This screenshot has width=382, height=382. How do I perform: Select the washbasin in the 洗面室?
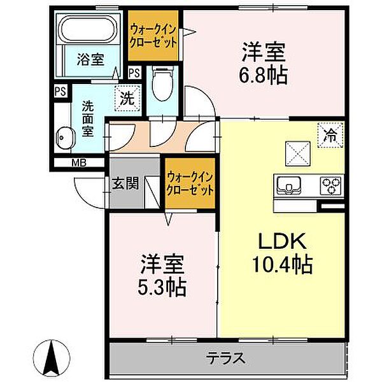pos(64,136)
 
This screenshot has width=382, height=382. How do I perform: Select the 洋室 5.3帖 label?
pos(162,275)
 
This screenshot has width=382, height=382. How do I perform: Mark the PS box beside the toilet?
pos(134,73)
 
